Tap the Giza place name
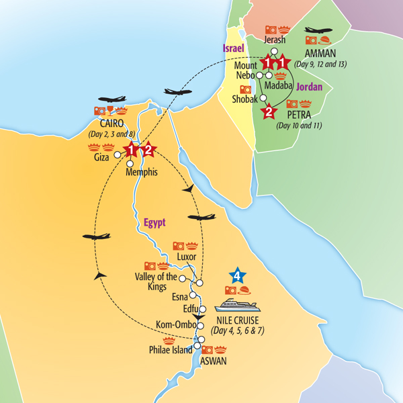tap(101, 161)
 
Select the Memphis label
tap(142, 173)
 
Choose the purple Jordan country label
tap(310, 87)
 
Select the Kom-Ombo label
tap(175, 325)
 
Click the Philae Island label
tap(171, 349)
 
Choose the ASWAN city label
tap(213, 361)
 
